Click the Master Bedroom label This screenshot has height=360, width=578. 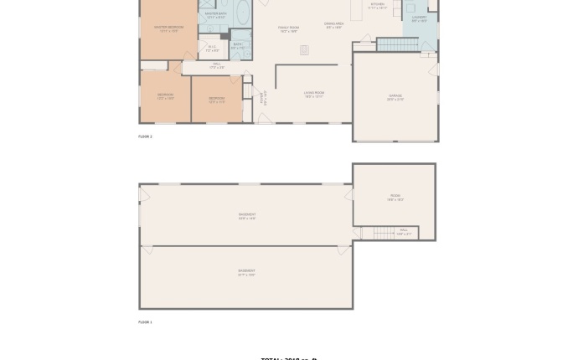tap(168, 28)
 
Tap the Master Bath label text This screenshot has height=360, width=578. tap(215, 14)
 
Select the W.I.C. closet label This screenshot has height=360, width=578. tap(212, 49)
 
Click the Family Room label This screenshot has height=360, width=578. tap(288, 28)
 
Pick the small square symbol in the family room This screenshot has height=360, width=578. tap(304, 50)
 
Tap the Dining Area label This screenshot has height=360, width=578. tap(333, 25)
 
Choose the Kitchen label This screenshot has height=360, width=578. tap(377, 5)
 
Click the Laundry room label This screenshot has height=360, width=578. tap(419, 18)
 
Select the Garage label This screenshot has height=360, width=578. tap(395, 97)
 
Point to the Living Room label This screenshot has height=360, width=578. tap(314, 94)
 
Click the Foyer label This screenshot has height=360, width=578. tap(262, 97)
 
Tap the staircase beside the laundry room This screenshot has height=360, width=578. tap(397, 44)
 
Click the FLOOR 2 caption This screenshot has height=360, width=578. tap(145, 136)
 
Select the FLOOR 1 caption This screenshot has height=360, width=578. tap(145, 321)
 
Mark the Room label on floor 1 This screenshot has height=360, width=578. tap(395, 198)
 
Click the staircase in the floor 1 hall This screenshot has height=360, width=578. tap(383, 232)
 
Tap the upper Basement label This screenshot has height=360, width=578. tap(246, 216)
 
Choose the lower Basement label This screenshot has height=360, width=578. tap(246, 272)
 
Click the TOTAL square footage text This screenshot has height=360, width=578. tap(289, 357)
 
